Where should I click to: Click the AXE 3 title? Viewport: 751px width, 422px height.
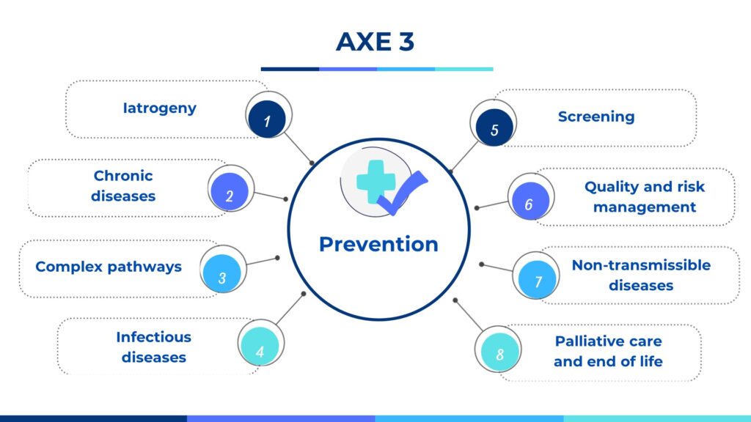(x=375, y=42)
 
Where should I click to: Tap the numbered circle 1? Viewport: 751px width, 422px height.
(x=267, y=119)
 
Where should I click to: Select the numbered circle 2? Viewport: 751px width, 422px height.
(x=230, y=191)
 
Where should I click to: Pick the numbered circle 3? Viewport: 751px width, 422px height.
(x=221, y=273)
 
